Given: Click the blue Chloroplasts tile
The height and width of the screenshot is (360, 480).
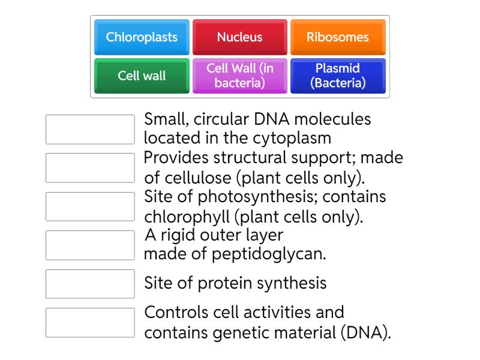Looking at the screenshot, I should [x=142, y=37].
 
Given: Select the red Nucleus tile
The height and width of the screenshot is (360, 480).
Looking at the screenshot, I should [x=239, y=37].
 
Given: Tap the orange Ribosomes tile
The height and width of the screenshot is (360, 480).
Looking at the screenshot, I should [x=338, y=37].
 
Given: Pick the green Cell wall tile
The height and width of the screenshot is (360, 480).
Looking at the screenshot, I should [x=142, y=76].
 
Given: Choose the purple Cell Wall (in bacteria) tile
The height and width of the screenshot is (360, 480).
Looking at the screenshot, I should [x=239, y=76].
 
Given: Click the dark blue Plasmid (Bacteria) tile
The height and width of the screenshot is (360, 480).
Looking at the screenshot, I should [x=338, y=76].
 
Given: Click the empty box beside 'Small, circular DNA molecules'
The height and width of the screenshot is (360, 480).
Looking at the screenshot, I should [x=90, y=130].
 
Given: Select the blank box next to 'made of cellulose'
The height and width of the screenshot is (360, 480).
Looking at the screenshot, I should [x=90, y=168].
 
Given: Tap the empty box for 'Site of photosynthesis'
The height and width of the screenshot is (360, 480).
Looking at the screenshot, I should [x=90, y=206].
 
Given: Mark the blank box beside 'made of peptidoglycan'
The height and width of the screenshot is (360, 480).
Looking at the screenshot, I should [x=90, y=245].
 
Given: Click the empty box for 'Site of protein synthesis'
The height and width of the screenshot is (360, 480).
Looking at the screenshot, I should [x=90, y=284].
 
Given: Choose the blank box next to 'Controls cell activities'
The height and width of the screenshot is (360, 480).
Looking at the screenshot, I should [x=90, y=322].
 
